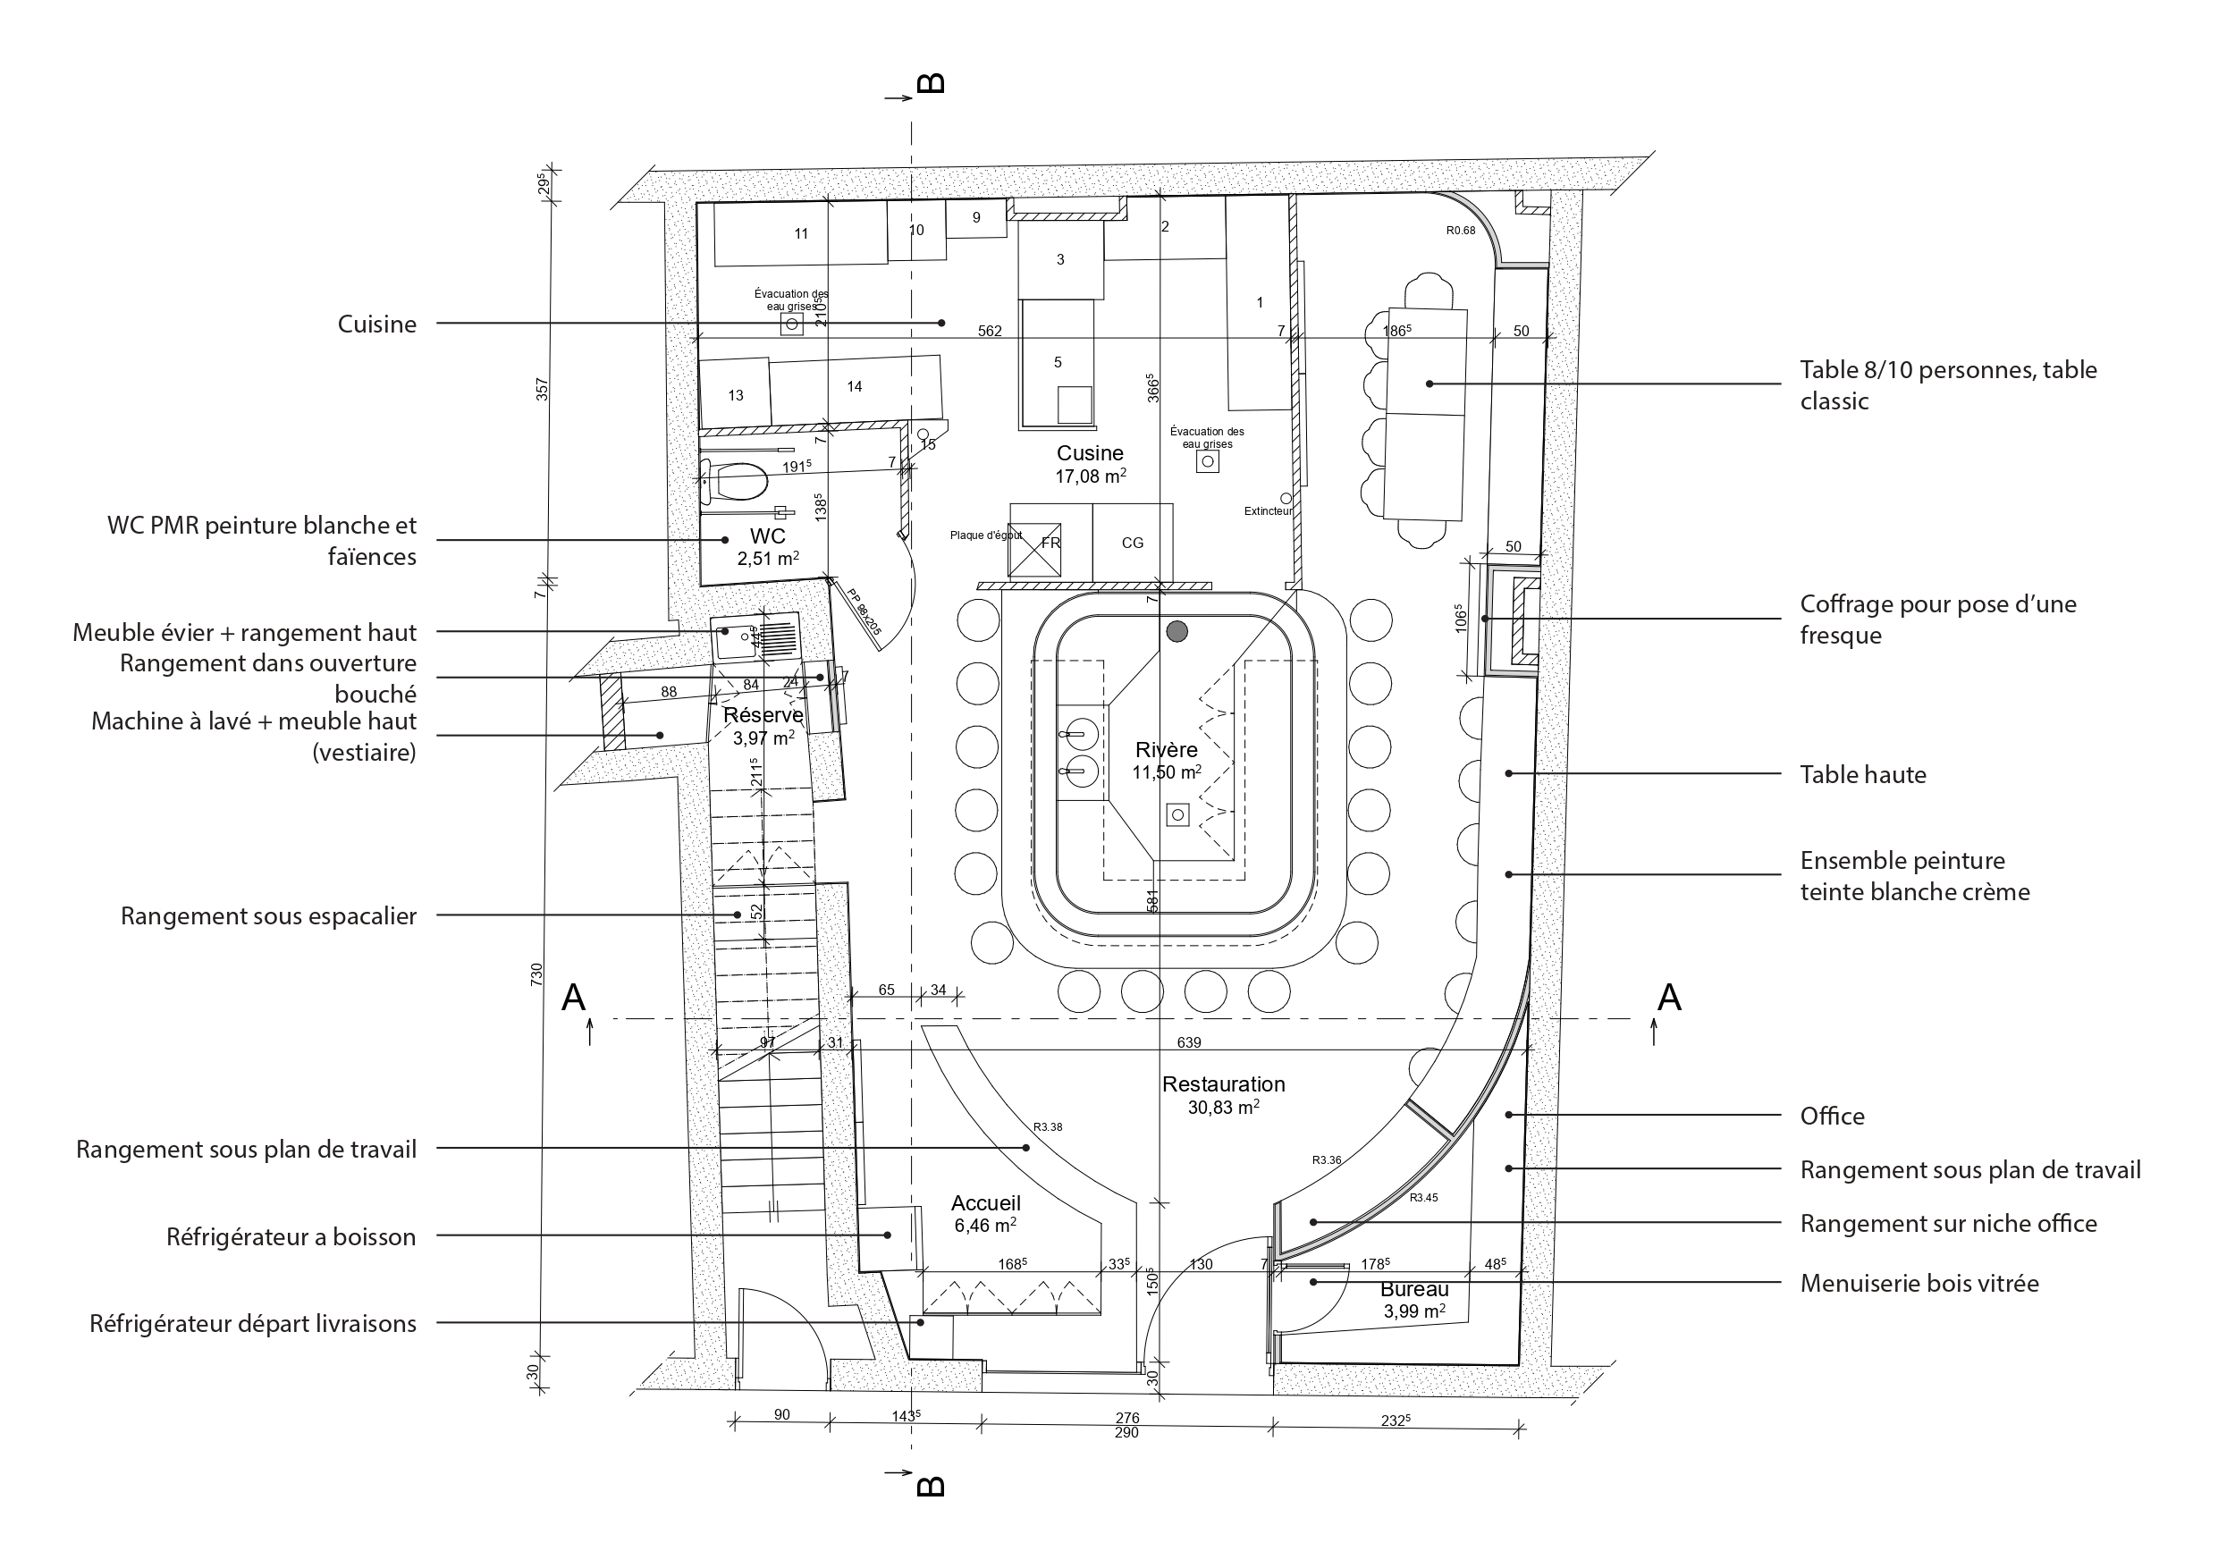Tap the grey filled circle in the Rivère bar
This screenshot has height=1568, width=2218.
(x=1176, y=632)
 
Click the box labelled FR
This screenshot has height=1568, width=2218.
(x=1051, y=543)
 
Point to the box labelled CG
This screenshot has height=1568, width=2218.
(x=1132, y=543)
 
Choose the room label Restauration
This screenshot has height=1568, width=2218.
(x=1223, y=1084)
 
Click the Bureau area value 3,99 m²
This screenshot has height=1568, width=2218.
(x=1414, y=1311)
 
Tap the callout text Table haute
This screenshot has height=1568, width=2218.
(x=1862, y=775)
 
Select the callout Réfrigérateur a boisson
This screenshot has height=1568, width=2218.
(x=291, y=1236)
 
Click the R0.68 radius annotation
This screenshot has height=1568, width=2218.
(x=1461, y=231)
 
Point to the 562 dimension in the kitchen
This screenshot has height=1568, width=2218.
(x=990, y=332)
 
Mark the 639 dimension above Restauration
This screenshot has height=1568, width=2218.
(x=1188, y=1042)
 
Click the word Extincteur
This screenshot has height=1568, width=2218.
(x=1268, y=511)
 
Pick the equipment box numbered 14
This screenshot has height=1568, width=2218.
(x=854, y=386)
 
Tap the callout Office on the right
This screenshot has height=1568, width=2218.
(x=1832, y=1116)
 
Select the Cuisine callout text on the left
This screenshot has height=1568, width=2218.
(x=376, y=324)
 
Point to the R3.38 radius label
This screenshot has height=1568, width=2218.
(x=1047, y=1126)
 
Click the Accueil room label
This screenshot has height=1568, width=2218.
(x=985, y=1202)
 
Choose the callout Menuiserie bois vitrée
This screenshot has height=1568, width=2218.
(x=1919, y=1283)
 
